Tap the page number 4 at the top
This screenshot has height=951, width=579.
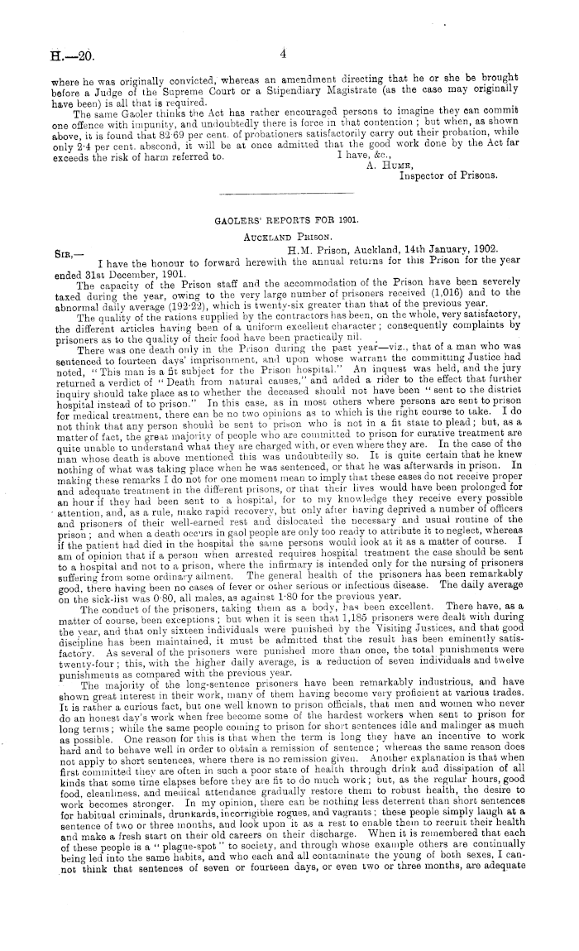click(x=282, y=54)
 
